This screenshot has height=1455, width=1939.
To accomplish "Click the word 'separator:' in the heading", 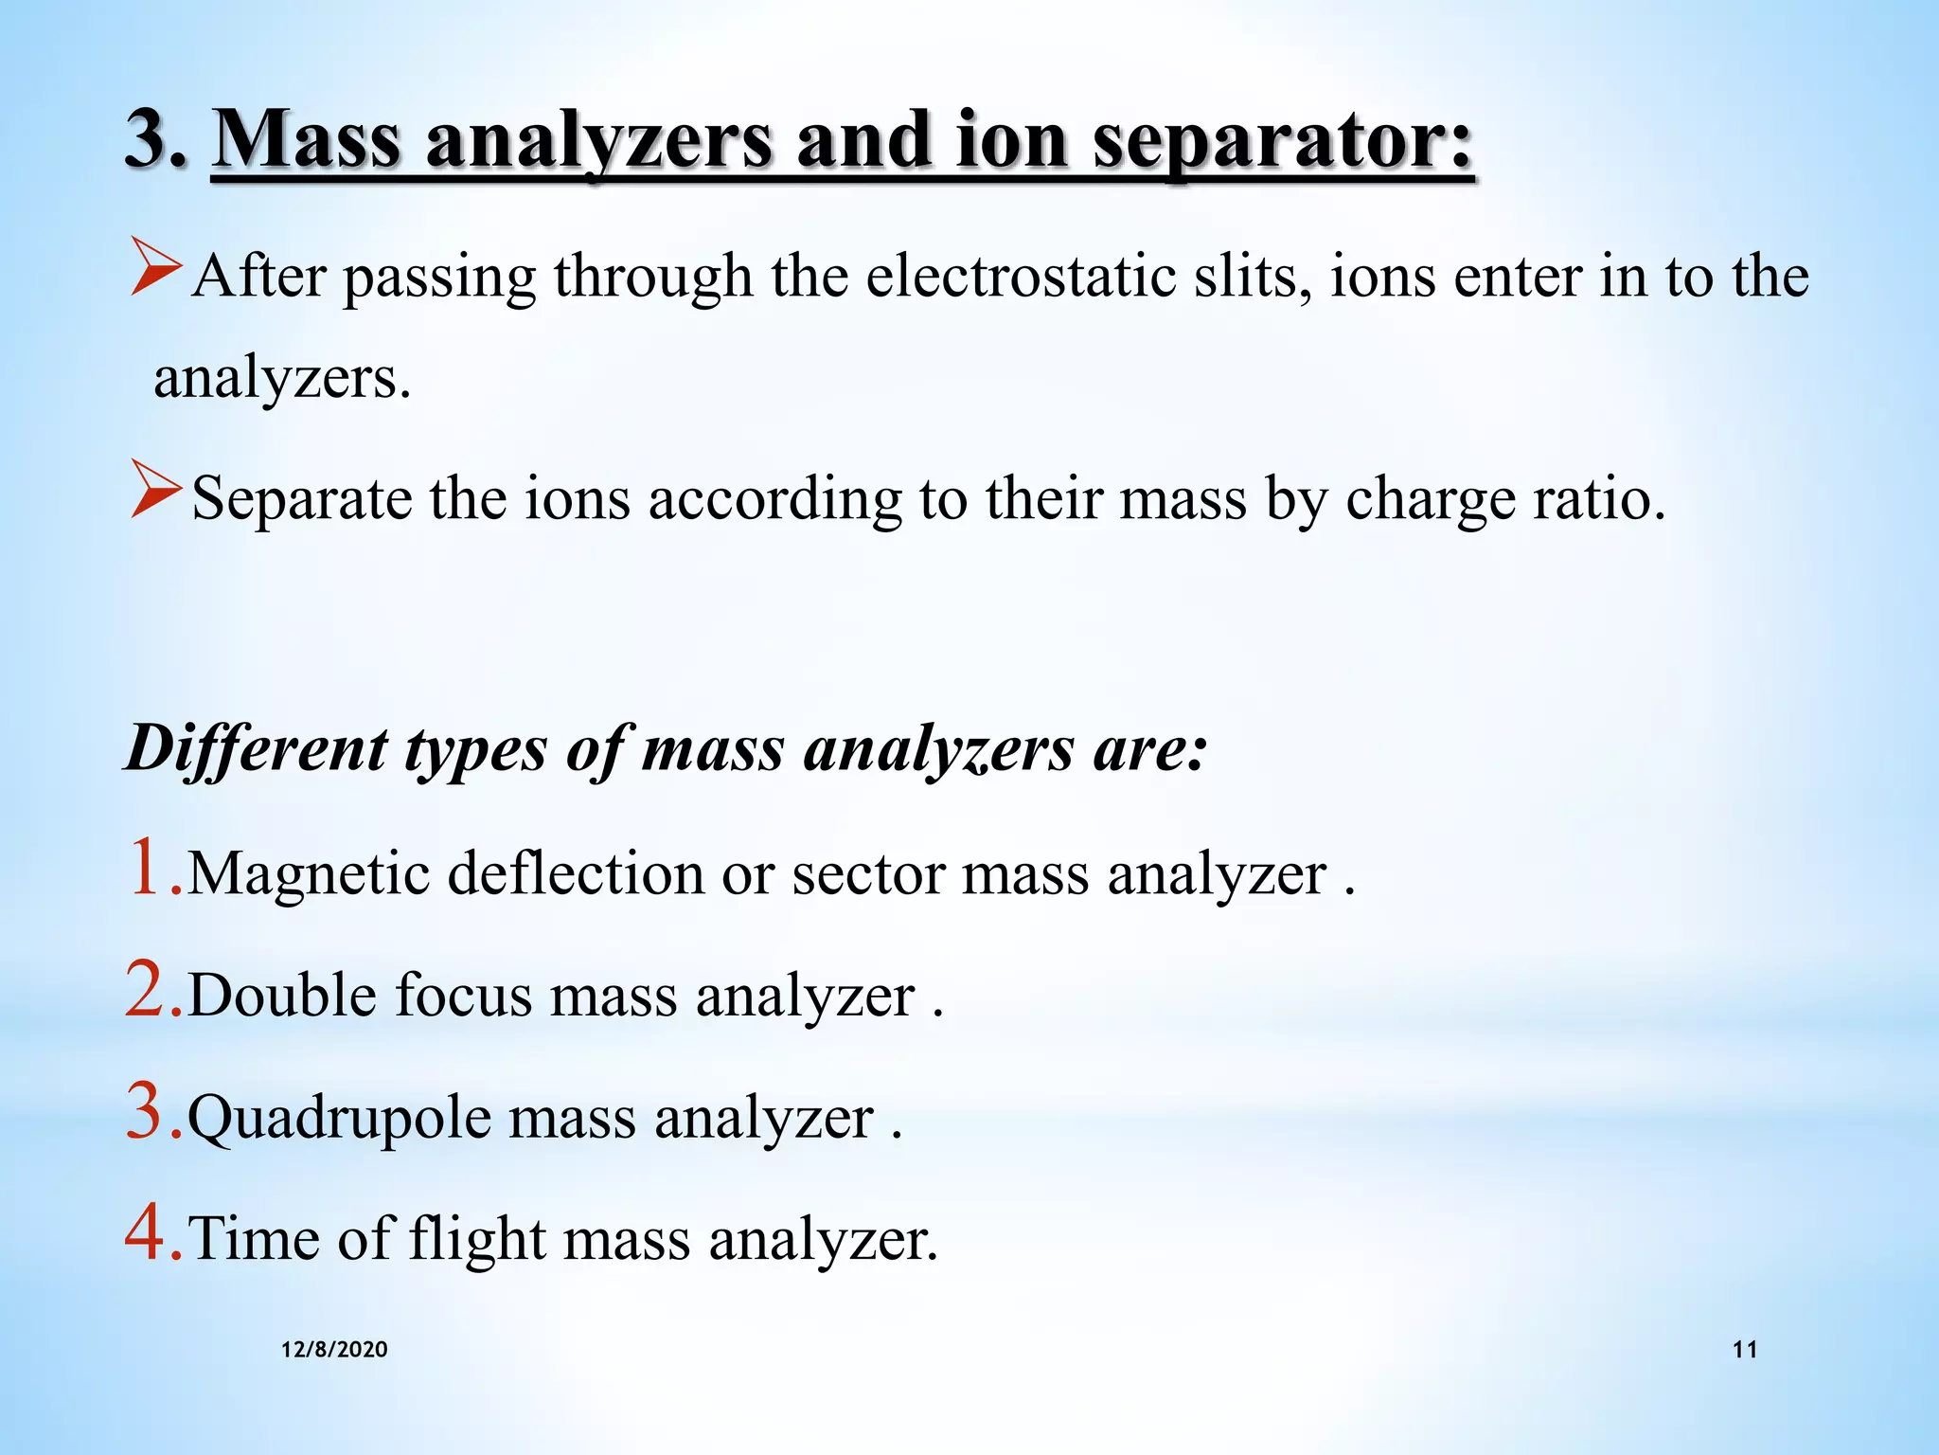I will pos(1283,142).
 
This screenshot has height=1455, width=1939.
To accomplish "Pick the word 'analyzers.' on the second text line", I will pos(282,378).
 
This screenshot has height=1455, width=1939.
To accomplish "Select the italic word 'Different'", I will pos(257,749).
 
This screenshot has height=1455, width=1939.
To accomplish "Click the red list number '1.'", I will pos(152,868).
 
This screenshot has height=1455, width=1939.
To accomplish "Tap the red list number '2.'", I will pos(153,990).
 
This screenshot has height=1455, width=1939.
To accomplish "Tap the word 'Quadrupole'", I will pos(339,1119).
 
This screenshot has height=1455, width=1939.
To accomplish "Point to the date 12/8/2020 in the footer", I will pos(334,1350).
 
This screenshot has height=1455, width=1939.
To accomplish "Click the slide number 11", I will pos(1745,1350).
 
